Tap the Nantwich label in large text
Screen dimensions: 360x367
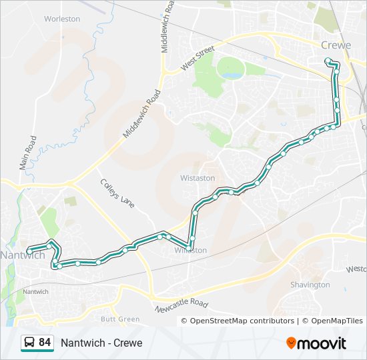(x=23, y=255)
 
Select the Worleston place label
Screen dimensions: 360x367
(x=62, y=19)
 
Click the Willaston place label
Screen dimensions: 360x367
(x=191, y=250)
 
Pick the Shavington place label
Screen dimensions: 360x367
(x=310, y=285)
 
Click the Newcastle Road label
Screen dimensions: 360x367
(x=181, y=307)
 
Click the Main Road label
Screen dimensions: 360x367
(x=28, y=153)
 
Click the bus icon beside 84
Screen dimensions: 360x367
(x=29, y=343)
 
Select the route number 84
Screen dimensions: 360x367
(x=45, y=343)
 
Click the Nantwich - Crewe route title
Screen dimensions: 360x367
(x=101, y=343)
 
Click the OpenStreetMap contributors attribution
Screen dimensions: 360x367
(x=242, y=321)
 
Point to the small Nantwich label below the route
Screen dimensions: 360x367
(x=35, y=292)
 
